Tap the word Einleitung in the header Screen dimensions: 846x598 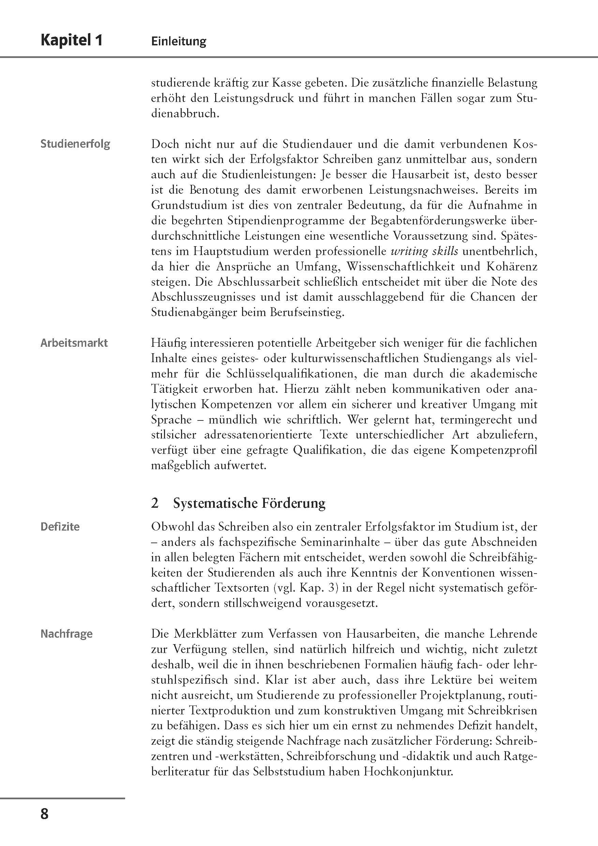[179, 41]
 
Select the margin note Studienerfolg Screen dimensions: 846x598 [75, 144]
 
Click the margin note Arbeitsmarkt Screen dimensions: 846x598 [74, 343]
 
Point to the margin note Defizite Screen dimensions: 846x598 [60, 526]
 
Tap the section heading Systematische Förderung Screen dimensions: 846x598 [249, 503]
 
